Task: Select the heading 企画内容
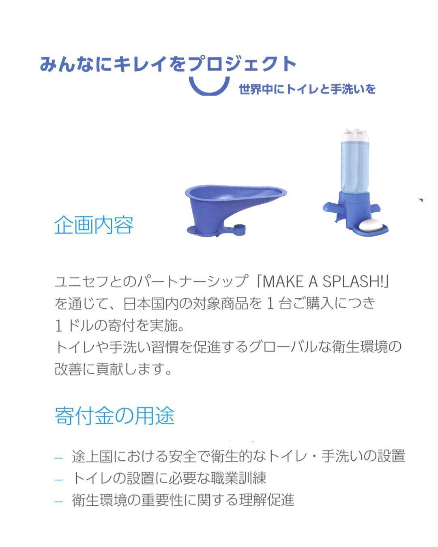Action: [93, 225]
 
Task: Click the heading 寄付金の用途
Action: [114, 415]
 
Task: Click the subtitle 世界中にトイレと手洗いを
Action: [307, 89]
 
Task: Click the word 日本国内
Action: [150, 303]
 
